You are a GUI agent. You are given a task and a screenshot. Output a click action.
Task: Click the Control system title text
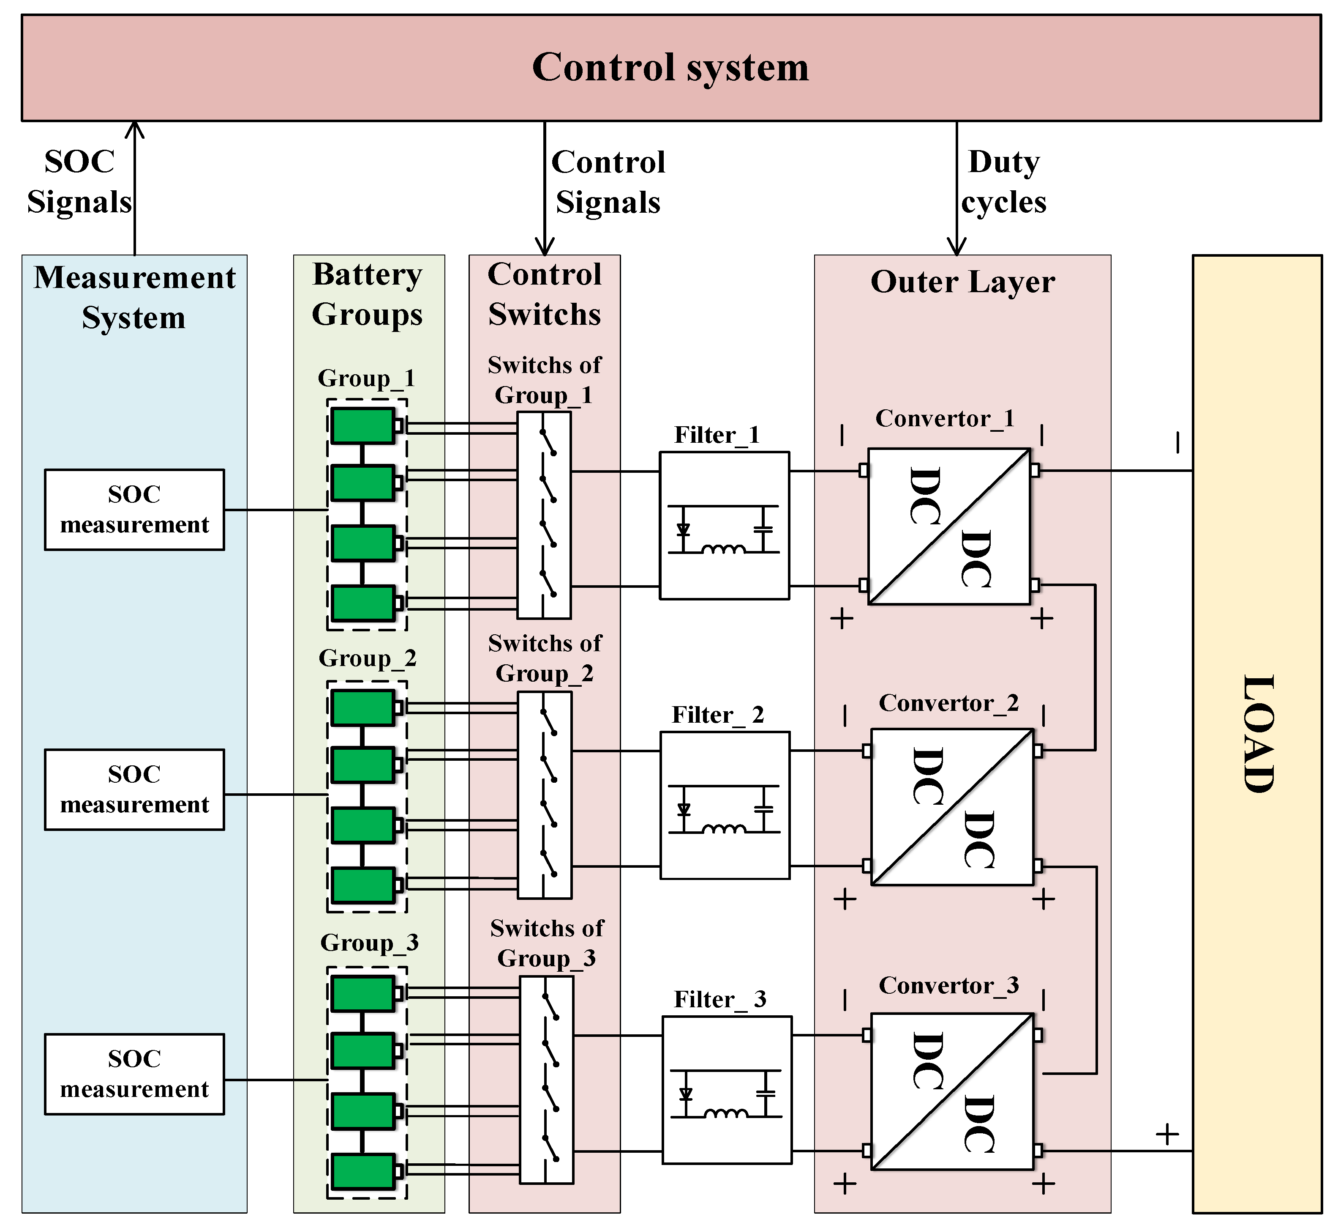[670, 68]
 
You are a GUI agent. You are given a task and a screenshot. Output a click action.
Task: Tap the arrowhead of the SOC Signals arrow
[135, 128]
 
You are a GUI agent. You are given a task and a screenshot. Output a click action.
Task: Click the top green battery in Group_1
[362, 426]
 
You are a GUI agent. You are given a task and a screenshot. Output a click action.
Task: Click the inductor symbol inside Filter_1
[723, 549]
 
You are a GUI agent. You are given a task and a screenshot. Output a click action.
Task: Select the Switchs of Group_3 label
[547, 943]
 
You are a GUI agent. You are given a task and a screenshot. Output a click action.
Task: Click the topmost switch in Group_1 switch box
[548, 442]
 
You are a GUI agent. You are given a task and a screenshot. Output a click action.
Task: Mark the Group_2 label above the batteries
[367, 658]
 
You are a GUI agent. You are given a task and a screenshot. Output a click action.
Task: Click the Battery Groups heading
[367, 294]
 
